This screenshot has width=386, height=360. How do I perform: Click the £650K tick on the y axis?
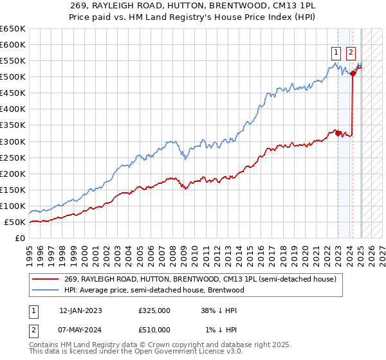(14, 29)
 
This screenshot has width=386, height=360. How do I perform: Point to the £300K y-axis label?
(14, 141)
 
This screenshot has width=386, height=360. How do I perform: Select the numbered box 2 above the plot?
(351, 53)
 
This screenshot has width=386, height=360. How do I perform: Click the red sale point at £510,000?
(353, 73)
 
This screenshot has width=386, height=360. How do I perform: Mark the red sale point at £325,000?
(338, 133)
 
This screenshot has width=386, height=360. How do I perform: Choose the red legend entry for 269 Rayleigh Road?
(200, 279)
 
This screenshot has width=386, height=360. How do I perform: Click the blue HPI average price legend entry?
(154, 290)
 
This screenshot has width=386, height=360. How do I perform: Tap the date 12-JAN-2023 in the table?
(80, 310)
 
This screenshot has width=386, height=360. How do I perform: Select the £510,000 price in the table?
(154, 330)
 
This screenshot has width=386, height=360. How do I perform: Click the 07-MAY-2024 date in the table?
(80, 330)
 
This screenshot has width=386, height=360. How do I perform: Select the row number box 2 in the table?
(32, 330)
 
